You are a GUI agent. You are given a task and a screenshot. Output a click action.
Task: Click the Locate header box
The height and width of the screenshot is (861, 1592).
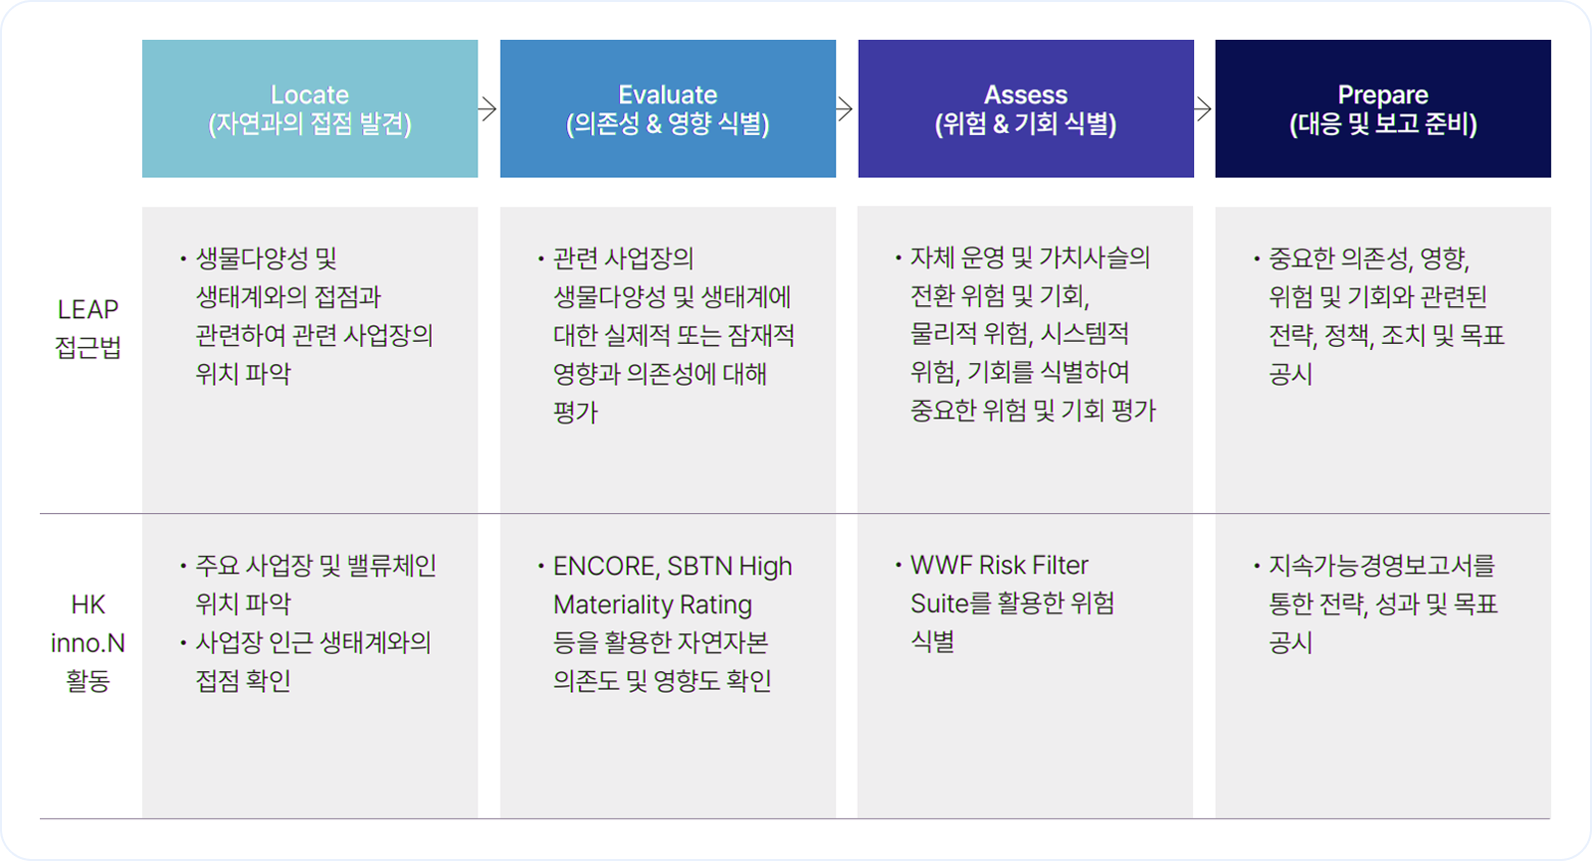tap(309, 108)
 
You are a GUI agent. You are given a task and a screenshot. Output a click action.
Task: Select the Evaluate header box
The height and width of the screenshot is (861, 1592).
tap(668, 108)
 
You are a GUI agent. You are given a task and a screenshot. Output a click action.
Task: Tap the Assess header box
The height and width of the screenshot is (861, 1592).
tap(1026, 108)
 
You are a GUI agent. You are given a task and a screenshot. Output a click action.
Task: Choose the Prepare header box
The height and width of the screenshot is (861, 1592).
tap(1383, 108)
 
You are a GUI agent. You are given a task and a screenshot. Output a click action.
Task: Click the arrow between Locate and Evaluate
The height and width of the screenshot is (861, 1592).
tap(488, 108)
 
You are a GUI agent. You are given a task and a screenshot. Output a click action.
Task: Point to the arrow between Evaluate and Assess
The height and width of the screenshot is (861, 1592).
tap(845, 108)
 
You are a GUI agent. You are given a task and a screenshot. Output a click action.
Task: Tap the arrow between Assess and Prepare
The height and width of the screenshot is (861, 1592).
tap(1203, 108)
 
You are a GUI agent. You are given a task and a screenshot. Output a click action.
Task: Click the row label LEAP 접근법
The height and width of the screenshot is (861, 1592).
tap(89, 328)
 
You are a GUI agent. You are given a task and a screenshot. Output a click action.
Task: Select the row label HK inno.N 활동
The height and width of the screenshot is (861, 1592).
tap(89, 642)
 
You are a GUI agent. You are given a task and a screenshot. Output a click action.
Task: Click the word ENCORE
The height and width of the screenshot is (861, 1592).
tap(606, 566)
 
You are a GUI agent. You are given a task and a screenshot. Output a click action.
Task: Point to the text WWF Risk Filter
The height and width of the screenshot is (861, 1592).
tap(999, 566)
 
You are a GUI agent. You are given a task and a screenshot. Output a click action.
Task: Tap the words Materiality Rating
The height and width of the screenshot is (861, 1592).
tap(653, 604)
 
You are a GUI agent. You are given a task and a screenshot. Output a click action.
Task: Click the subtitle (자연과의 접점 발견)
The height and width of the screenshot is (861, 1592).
tap(309, 123)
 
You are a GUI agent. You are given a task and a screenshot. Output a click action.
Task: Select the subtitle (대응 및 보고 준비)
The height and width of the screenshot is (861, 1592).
tap(1383, 123)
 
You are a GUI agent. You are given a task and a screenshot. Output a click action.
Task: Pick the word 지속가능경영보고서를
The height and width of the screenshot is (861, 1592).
tap(1382, 566)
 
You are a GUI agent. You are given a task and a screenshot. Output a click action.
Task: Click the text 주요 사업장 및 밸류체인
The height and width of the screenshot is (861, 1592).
tap(315, 566)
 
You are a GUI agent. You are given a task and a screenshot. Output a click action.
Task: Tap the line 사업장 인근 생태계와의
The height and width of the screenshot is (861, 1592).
tap(313, 642)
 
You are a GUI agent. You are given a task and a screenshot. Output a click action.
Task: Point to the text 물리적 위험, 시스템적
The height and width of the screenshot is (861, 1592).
tap(1019, 333)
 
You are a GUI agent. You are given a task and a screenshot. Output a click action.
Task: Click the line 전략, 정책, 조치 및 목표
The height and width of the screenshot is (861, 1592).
tap(1387, 335)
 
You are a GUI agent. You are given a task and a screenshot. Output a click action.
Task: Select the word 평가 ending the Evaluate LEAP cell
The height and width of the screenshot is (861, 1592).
tap(576, 412)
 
